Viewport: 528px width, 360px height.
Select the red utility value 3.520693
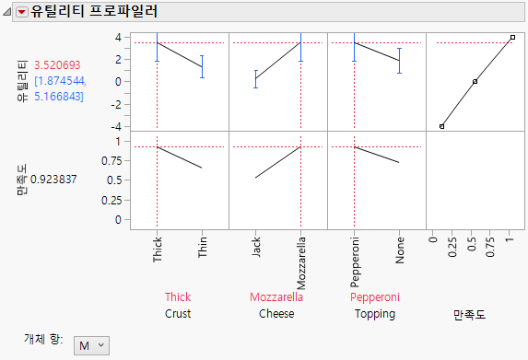tap(57, 65)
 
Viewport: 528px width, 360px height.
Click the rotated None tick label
tap(400, 250)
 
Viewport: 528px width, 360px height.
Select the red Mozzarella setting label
tap(277, 297)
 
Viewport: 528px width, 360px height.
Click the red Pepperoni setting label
tap(376, 297)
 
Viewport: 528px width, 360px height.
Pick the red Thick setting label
tap(178, 297)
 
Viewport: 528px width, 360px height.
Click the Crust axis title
tap(178, 314)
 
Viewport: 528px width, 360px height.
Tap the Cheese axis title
tap(277, 314)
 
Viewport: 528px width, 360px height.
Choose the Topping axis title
tap(376, 314)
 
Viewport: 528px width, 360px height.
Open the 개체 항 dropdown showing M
tap(91, 345)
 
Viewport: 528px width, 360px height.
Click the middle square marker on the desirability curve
tap(475, 82)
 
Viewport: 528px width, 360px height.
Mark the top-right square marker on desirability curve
tap(512, 38)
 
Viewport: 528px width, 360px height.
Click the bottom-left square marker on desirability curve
tap(441, 126)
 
